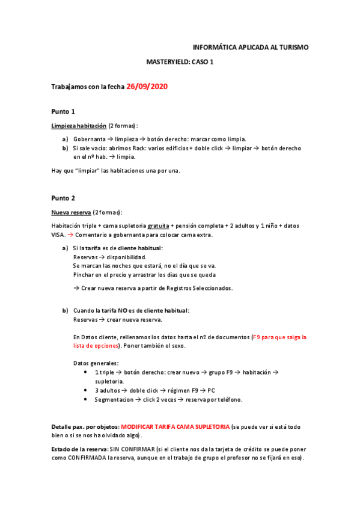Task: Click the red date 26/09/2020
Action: point(147,87)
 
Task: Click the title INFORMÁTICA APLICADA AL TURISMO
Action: point(251,46)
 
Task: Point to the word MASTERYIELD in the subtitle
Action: point(166,61)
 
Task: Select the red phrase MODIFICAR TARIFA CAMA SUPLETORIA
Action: point(175,426)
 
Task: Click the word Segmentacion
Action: point(114,399)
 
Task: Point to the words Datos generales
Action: point(96,363)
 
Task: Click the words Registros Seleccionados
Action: point(203,288)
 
